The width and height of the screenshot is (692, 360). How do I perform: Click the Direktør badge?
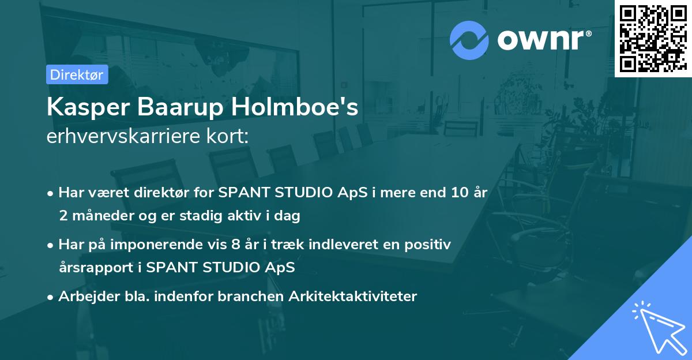77,74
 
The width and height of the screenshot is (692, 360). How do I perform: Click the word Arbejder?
85,297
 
